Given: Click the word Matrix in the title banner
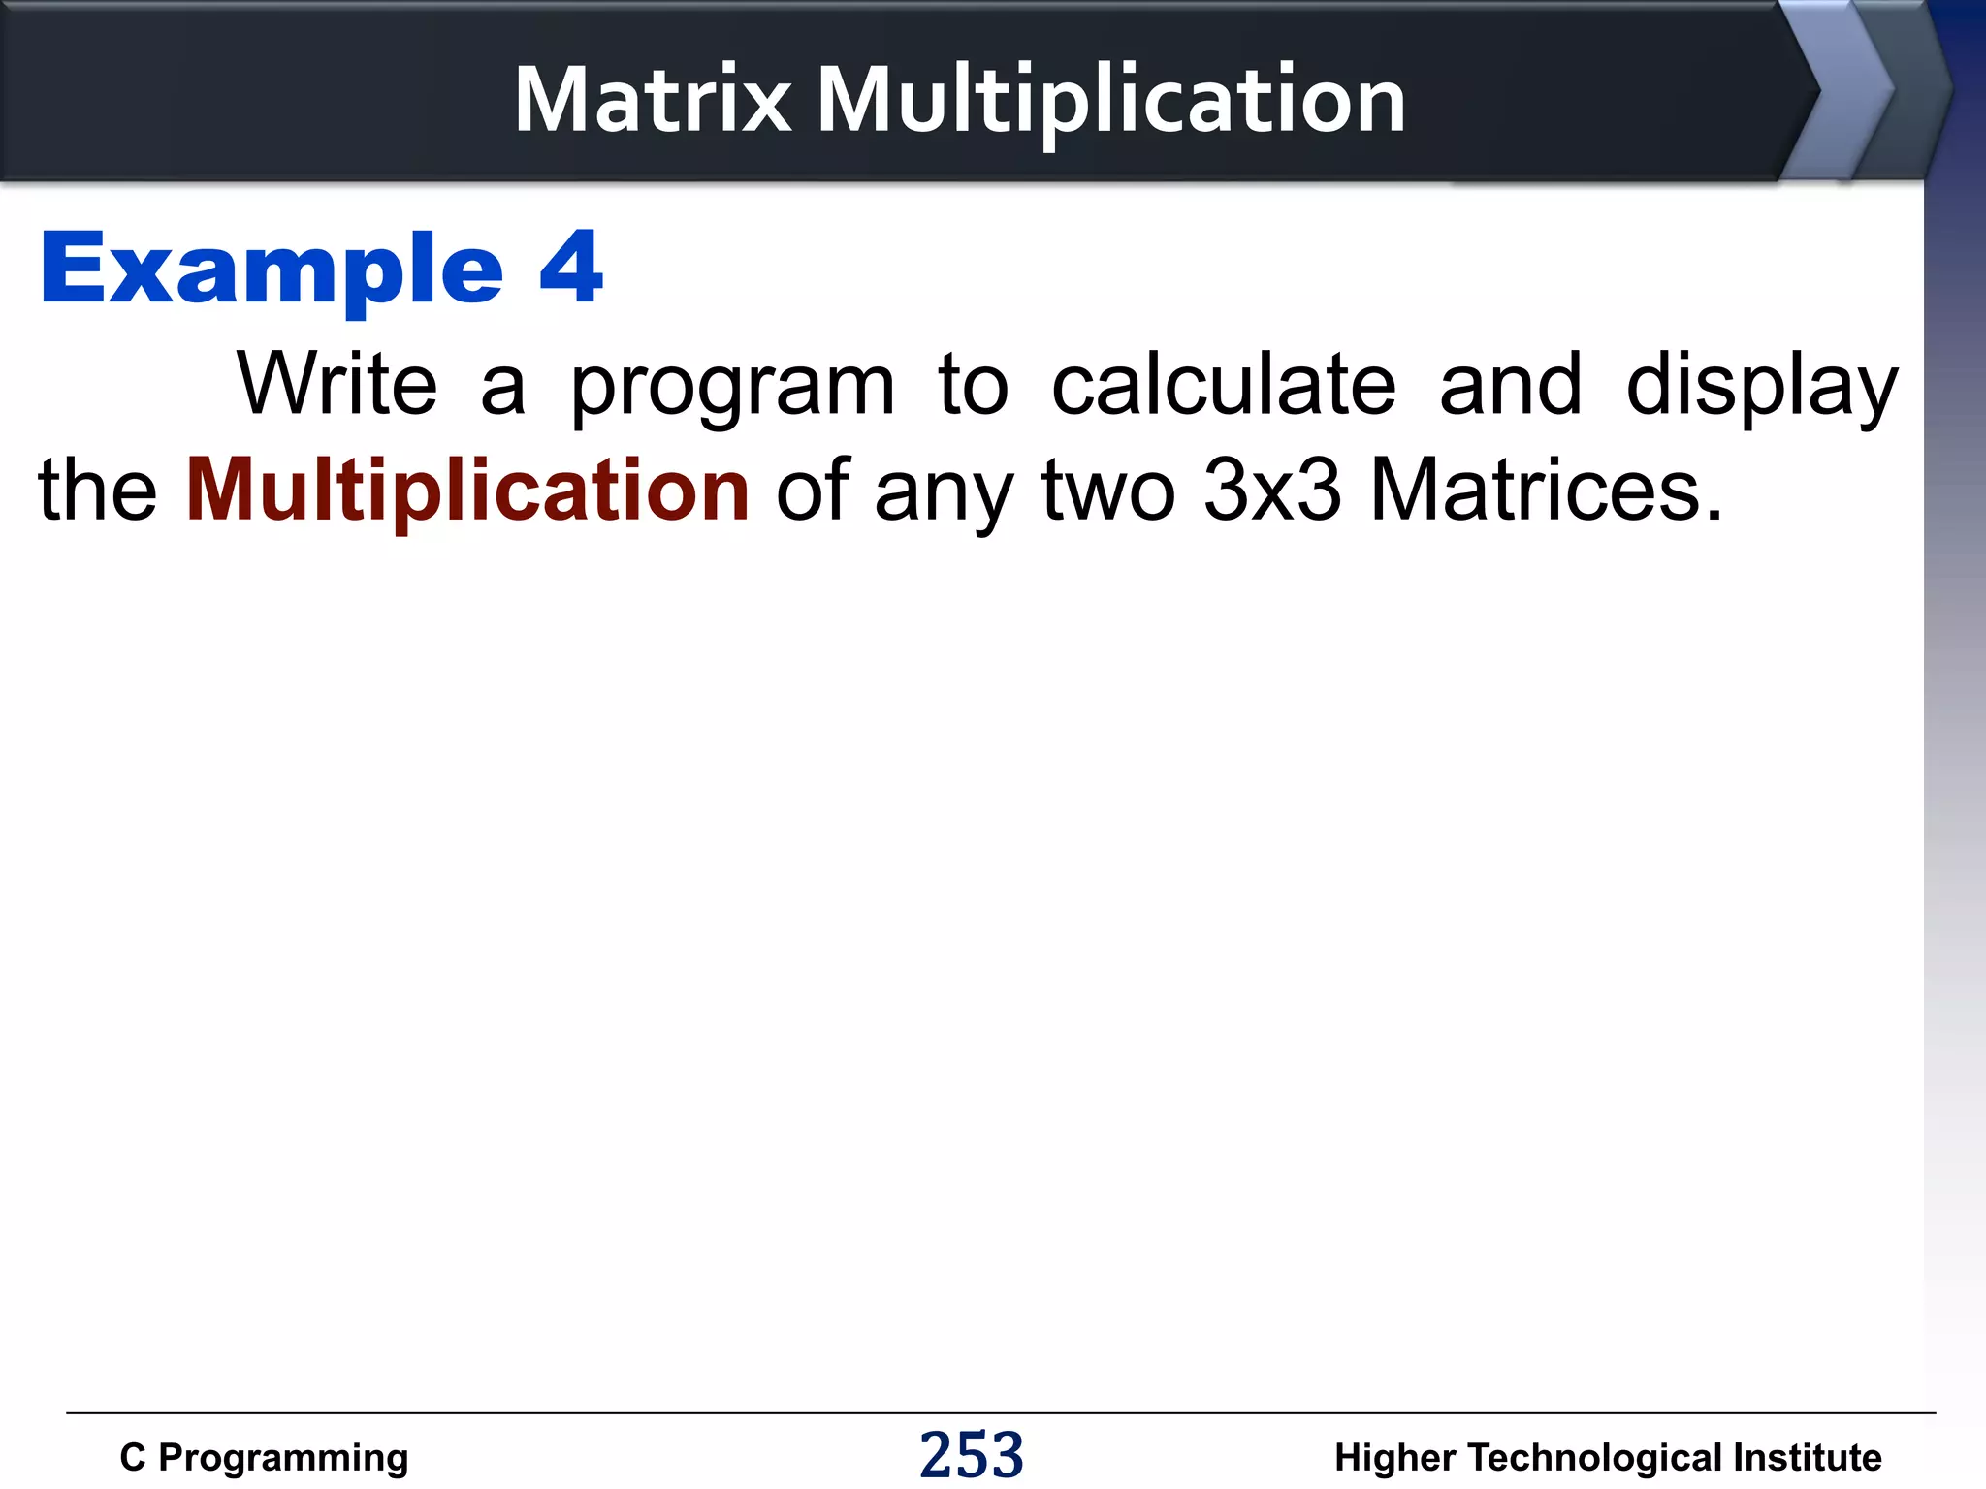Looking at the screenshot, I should (x=653, y=100).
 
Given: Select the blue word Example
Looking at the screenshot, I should (x=272, y=270).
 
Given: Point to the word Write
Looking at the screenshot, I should (x=336, y=385).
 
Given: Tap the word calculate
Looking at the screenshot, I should (x=1224, y=385).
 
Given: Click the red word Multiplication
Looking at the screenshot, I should (x=467, y=492).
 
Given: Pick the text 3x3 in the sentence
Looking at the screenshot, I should (x=1272, y=491).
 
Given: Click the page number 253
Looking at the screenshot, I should (x=972, y=1455).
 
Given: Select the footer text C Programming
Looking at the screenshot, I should (x=264, y=1458).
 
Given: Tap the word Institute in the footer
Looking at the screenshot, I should (x=1807, y=1458).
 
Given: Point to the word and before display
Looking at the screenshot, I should (x=1510, y=385).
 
